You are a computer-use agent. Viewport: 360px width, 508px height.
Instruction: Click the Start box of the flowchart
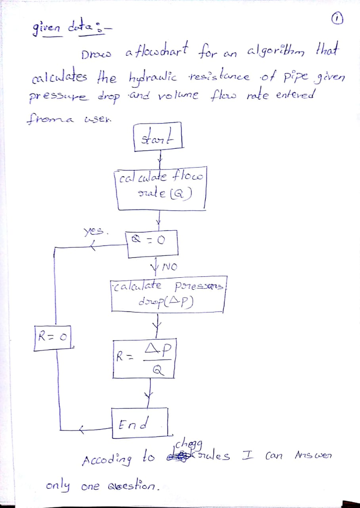pos(158,136)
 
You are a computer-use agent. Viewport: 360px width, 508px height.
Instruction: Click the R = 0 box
pos(54,336)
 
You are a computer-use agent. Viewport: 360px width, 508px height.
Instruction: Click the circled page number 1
pos(337,19)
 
